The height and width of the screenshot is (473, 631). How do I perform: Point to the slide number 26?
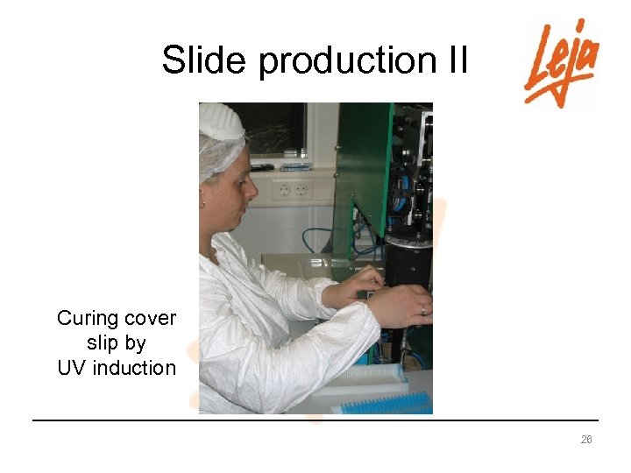[x=586, y=440]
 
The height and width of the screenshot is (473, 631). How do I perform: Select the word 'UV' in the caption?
[x=73, y=368]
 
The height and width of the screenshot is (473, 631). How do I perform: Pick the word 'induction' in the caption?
[x=134, y=368]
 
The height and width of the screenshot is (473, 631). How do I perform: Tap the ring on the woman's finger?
[x=422, y=309]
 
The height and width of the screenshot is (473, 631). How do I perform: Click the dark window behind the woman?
[x=272, y=129]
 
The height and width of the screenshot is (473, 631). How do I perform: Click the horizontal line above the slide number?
[x=315, y=420]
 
